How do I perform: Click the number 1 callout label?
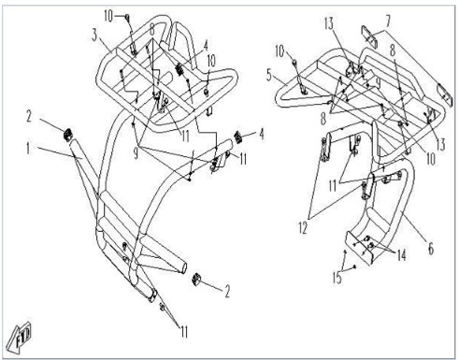pyautogui.click(x=28, y=149)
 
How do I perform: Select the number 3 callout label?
pyautogui.click(x=94, y=36)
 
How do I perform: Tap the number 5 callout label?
pyautogui.click(x=269, y=76)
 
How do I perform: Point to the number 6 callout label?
pyautogui.click(x=431, y=249)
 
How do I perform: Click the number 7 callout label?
pyautogui.click(x=388, y=22)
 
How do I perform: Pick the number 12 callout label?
pyautogui.click(x=303, y=228)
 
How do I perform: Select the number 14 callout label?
pyautogui.click(x=401, y=255)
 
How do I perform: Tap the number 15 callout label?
pyautogui.click(x=337, y=278)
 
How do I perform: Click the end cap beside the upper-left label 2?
pyautogui.click(x=68, y=135)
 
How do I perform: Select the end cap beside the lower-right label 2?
pyautogui.click(x=196, y=279)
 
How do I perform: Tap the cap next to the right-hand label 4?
pyautogui.click(x=238, y=137)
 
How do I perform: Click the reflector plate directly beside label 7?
pyautogui.click(x=369, y=36)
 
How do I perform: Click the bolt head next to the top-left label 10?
pyautogui.click(x=127, y=17)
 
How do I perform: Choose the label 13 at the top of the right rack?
pyautogui.click(x=329, y=23)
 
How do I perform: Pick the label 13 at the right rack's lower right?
pyautogui.click(x=440, y=145)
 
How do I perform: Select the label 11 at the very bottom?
pyautogui.click(x=184, y=331)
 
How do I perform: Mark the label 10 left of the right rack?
pyautogui.click(x=280, y=51)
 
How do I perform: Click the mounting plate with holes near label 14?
pyautogui.click(x=359, y=248)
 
